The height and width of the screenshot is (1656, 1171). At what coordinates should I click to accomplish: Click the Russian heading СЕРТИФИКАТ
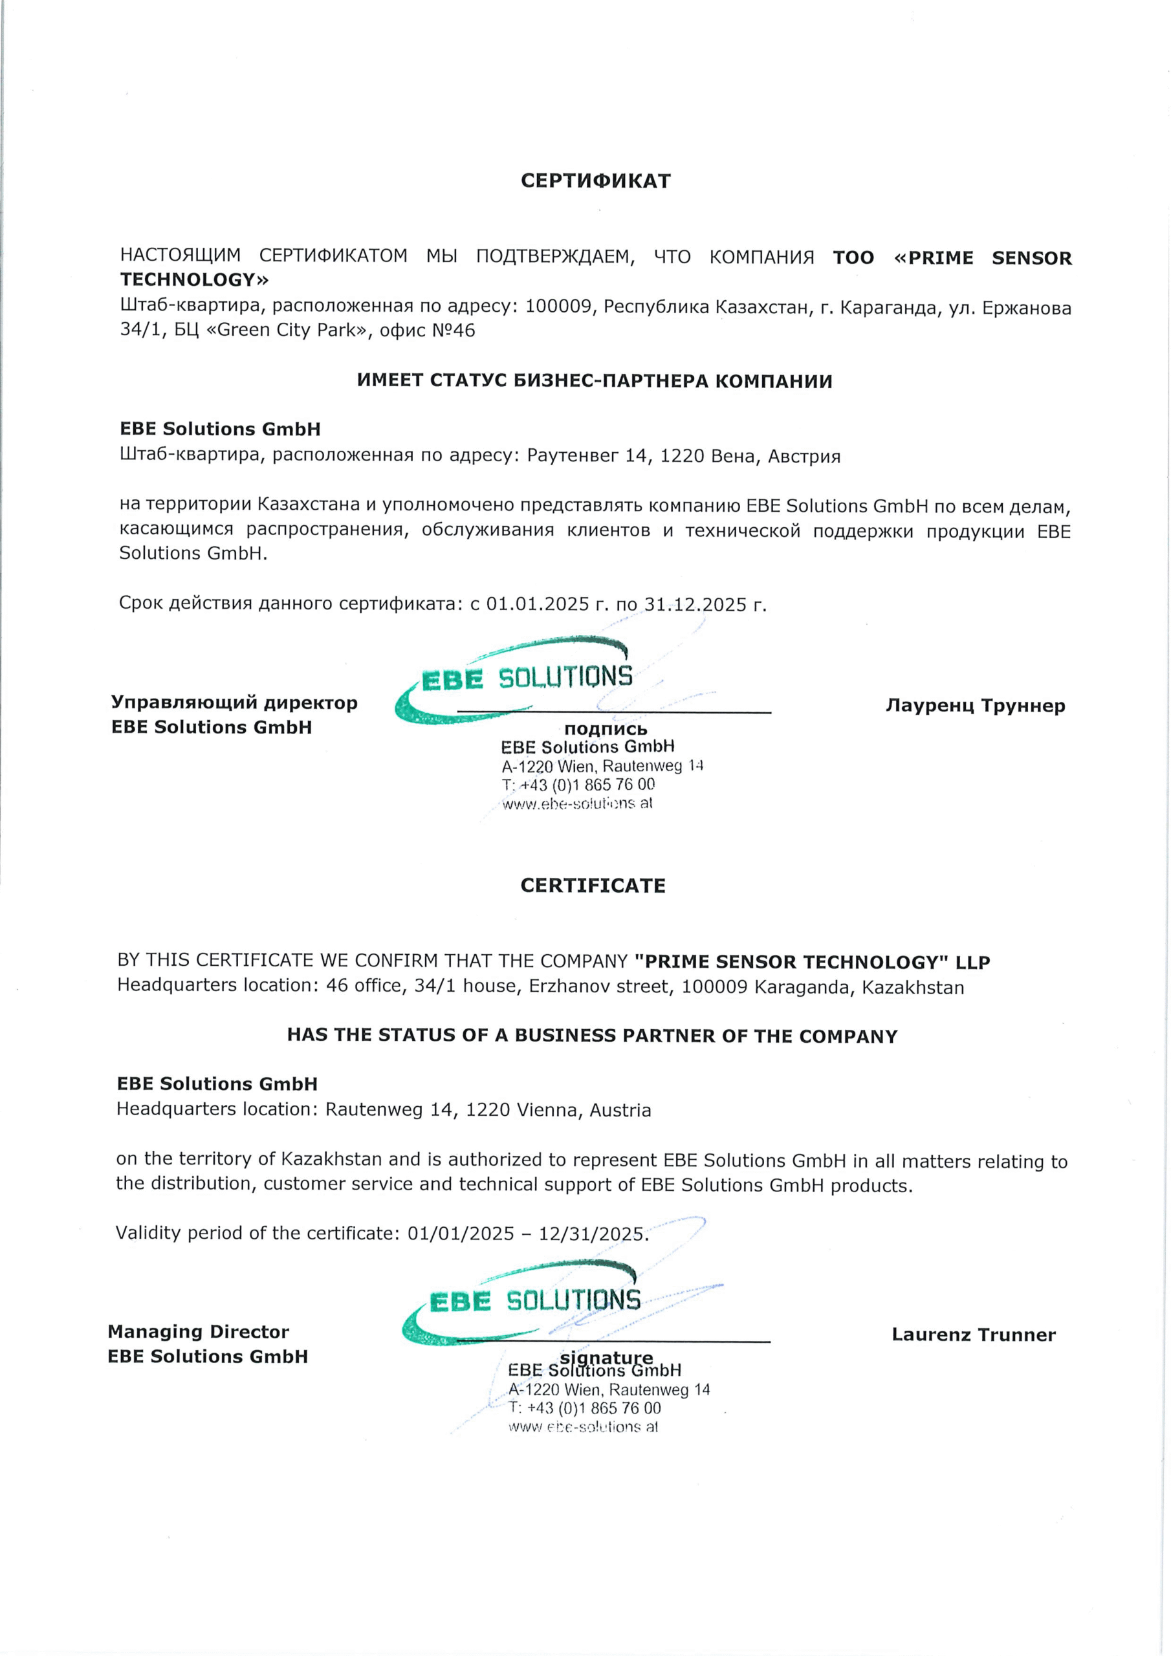click(x=595, y=180)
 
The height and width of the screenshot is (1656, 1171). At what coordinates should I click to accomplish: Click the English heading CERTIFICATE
click(x=593, y=886)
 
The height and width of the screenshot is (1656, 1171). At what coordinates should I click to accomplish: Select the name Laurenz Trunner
click(x=973, y=1335)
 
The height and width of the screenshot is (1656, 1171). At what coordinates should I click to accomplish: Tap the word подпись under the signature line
click(x=606, y=729)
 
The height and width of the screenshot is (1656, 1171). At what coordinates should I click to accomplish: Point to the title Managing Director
click(x=199, y=1331)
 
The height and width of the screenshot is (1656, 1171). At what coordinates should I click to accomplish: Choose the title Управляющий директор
click(x=234, y=703)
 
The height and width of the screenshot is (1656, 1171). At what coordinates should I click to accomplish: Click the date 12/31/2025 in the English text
click(x=591, y=1234)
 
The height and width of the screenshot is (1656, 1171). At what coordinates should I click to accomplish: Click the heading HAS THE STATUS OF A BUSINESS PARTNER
click(x=591, y=1036)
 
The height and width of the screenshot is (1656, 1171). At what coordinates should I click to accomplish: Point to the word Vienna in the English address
click(x=547, y=1110)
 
